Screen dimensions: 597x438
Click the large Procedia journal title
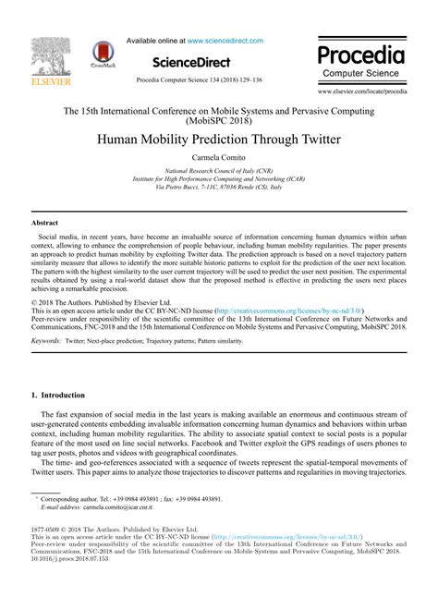361,52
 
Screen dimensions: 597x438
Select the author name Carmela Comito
218,159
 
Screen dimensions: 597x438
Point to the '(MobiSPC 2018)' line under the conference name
218,120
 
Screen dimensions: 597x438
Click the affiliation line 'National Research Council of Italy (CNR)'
218,172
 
